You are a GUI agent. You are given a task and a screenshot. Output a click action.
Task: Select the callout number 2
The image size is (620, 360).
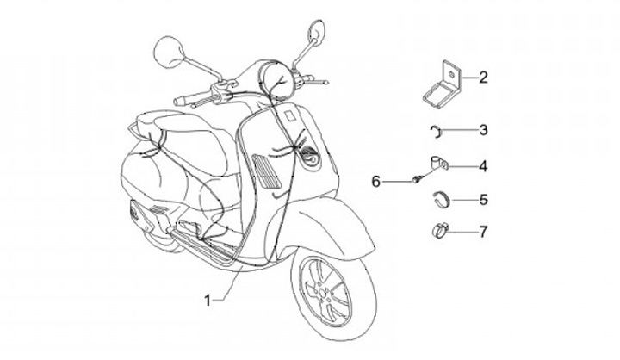click(x=483, y=78)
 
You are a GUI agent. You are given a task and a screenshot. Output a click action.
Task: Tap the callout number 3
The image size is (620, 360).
click(x=483, y=130)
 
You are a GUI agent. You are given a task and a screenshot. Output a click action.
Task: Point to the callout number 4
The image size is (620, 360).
click(x=483, y=164)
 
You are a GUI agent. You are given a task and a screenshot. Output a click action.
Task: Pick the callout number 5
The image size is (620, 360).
click(x=483, y=200)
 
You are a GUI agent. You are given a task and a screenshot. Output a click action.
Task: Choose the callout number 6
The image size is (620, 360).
click(x=375, y=181)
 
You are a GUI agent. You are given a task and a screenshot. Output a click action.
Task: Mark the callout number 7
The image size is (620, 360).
click(x=483, y=231)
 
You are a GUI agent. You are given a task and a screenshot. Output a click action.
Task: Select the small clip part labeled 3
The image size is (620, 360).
click(x=437, y=130)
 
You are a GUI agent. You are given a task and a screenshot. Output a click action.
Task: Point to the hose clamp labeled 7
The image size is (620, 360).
click(x=437, y=231)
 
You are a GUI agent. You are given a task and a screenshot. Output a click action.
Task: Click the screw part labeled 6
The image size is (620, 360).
click(x=418, y=178)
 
